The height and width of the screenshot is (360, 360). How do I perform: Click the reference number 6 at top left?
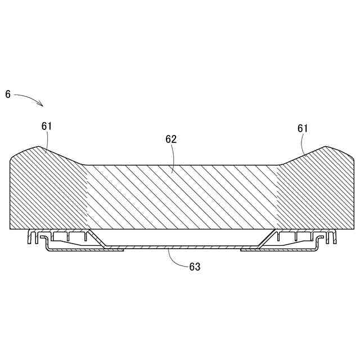(x=8, y=94)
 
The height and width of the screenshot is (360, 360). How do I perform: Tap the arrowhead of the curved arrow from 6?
(x=42, y=105)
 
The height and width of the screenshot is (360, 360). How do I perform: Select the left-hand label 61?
(x=47, y=127)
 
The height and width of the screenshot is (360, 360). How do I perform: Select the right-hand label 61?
(x=303, y=128)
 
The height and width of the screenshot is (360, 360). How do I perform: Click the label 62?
(x=171, y=139)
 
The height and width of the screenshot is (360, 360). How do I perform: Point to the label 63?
(x=195, y=267)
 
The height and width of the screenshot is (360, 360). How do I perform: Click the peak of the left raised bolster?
(x=39, y=147)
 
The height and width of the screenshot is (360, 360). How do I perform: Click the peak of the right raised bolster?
(x=325, y=147)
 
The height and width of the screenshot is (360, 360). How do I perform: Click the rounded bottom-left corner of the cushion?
(x=12, y=227)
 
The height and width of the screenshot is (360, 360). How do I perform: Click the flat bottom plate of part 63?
(x=180, y=247)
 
